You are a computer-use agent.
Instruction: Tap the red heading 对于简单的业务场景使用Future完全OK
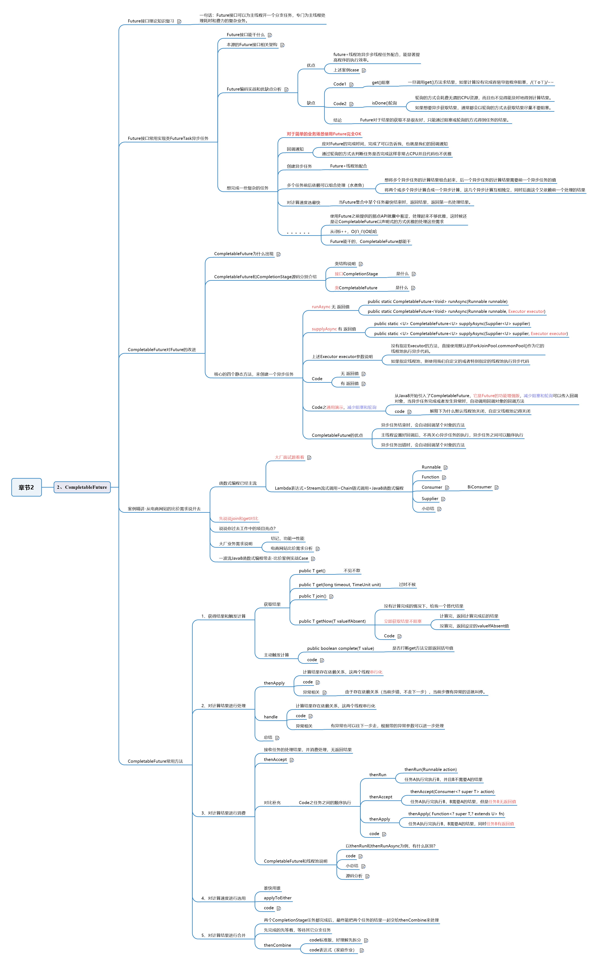[324, 134]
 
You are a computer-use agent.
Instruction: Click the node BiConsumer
[479, 487]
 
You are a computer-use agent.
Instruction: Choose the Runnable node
[431, 467]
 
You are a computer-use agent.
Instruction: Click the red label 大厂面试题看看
[290, 457]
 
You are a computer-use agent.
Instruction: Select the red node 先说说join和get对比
[238, 519]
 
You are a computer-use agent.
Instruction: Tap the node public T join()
[313, 596]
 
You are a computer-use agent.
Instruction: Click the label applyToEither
[278, 898]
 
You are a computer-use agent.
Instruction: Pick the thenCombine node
[277, 945]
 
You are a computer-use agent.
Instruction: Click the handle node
[270, 717]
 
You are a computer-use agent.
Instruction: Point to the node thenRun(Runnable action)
[430, 769]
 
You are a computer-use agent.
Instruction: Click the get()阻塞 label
[381, 83]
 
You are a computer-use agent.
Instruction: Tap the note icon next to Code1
[351, 85]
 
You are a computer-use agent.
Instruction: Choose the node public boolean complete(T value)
[340, 648]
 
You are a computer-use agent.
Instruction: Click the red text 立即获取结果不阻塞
[403, 621]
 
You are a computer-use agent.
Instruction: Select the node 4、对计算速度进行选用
[223, 898]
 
